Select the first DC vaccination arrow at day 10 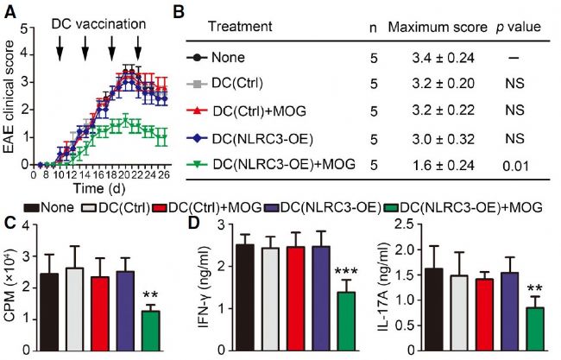point(60,54)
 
